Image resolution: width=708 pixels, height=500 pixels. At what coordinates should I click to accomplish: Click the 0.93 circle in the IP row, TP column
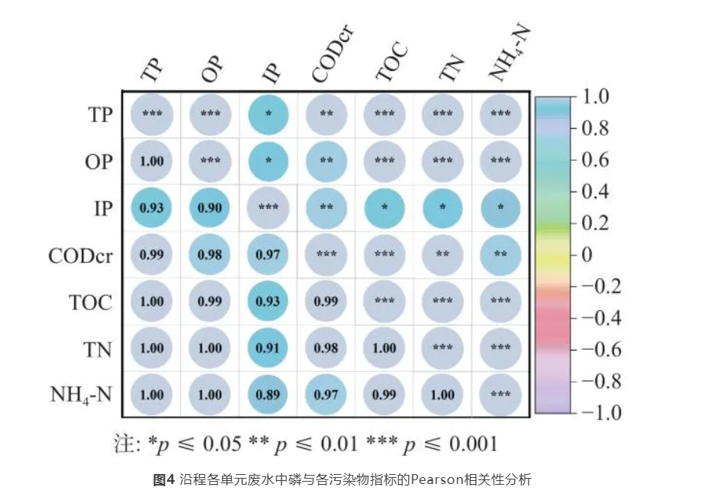click(152, 207)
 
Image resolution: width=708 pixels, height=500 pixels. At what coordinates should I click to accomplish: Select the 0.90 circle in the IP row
click(210, 207)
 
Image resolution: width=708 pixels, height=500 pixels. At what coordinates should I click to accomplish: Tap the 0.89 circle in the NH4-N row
click(268, 395)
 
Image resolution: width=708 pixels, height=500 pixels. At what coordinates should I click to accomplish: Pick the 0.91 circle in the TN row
click(268, 348)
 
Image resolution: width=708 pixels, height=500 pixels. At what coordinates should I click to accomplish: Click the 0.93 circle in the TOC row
click(268, 301)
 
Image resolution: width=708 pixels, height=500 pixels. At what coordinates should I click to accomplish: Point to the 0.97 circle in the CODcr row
click(268, 255)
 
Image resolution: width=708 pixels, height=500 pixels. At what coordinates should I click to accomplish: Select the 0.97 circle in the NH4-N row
click(326, 395)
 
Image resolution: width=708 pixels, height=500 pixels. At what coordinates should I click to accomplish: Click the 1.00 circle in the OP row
click(152, 161)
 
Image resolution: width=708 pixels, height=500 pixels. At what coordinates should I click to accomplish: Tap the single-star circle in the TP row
click(268, 114)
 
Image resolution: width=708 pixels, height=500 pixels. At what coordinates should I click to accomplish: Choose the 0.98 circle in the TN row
click(326, 348)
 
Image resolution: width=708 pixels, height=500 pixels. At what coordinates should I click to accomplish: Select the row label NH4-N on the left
click(82, 396)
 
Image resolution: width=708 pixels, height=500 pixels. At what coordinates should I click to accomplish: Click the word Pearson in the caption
click(434, 479)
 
